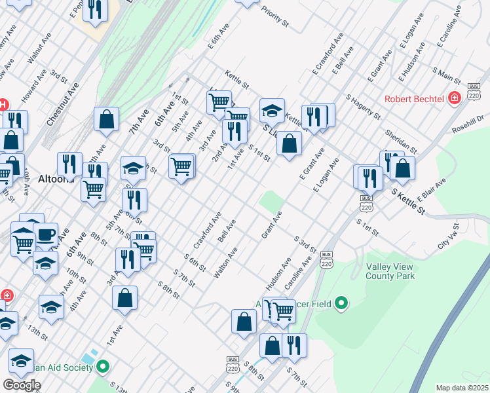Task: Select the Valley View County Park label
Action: pos(390,271)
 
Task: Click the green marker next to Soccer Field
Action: pos(341,303)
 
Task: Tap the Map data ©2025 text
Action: pos(462,388)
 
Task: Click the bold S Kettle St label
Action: pos(408,198)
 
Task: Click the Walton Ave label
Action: pos(224,262)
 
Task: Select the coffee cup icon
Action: pos(45,234)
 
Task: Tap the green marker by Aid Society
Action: pos(102,367)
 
